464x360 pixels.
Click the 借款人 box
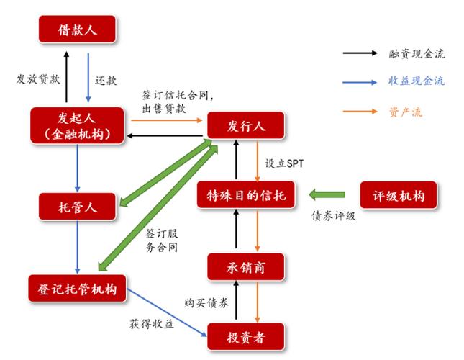pos(77,31)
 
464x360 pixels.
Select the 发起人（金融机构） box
pos(77,125)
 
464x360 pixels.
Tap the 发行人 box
pos(247,126)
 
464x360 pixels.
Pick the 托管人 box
pos(77,207)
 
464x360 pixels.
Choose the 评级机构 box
pos(398,195)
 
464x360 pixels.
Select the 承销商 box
pos(247,267)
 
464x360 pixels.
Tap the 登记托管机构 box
pos(77,289)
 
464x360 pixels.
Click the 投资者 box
pos(247,336)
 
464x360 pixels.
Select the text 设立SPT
pos(285,163)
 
